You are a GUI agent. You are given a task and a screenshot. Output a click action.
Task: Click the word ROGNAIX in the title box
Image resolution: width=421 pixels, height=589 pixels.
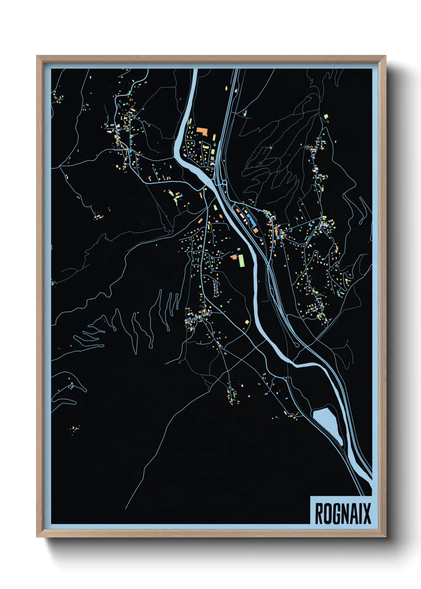[x=343, y=513]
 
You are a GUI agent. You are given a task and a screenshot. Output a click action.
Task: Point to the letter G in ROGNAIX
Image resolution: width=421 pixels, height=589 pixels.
[x=335, y=513]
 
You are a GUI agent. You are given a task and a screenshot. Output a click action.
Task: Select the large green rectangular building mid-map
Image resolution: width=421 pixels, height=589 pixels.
[x=241, y=261]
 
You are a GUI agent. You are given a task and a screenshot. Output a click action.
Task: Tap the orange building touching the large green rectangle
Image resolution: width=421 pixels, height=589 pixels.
[x=234, y=257]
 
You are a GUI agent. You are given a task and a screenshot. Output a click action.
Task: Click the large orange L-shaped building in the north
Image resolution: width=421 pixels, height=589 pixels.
[x=202, y=131]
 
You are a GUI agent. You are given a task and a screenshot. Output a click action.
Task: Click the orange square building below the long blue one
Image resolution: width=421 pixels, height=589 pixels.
[x=255, y=230]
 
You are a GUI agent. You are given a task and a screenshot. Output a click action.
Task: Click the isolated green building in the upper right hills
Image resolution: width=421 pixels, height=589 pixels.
[x=326, y=117]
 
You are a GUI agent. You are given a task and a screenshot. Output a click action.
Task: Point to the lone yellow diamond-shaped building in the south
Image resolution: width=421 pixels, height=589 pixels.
[x=247, y=322]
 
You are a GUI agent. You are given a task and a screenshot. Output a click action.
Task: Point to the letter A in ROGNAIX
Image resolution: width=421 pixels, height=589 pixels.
[x=353, y=513]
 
